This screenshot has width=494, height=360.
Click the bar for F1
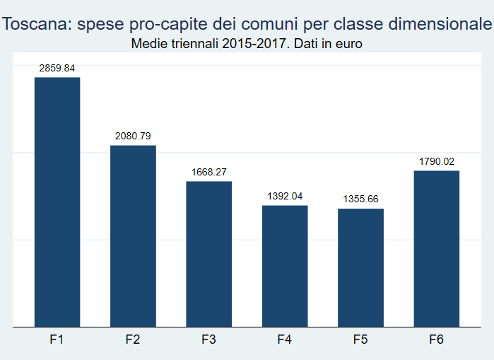click(57, 202)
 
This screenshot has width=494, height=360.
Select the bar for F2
click(133, 236)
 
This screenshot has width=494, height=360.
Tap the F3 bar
click(209, 254)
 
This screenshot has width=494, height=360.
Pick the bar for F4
click(285, 266)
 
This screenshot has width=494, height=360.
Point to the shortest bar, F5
click(360, 267)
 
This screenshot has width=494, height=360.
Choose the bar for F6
click(437, 249)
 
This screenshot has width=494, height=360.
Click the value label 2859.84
click(57, 68)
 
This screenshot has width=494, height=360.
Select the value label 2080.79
click(133, 136)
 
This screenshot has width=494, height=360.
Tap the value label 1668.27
click(209, 172)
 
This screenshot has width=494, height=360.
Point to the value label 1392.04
click(285, 196)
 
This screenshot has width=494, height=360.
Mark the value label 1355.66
click(360, 199)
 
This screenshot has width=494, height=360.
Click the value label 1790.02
click(437, 161)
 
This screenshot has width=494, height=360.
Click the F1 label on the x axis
click(57, 339)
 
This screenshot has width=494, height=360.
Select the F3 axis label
click(208, 339)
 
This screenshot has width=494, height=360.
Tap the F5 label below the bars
click(360, 339)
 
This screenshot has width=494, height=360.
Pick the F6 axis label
click(436, 339)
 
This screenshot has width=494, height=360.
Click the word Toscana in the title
click(37, 24)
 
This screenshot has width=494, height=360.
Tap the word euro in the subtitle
click(348, 44)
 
